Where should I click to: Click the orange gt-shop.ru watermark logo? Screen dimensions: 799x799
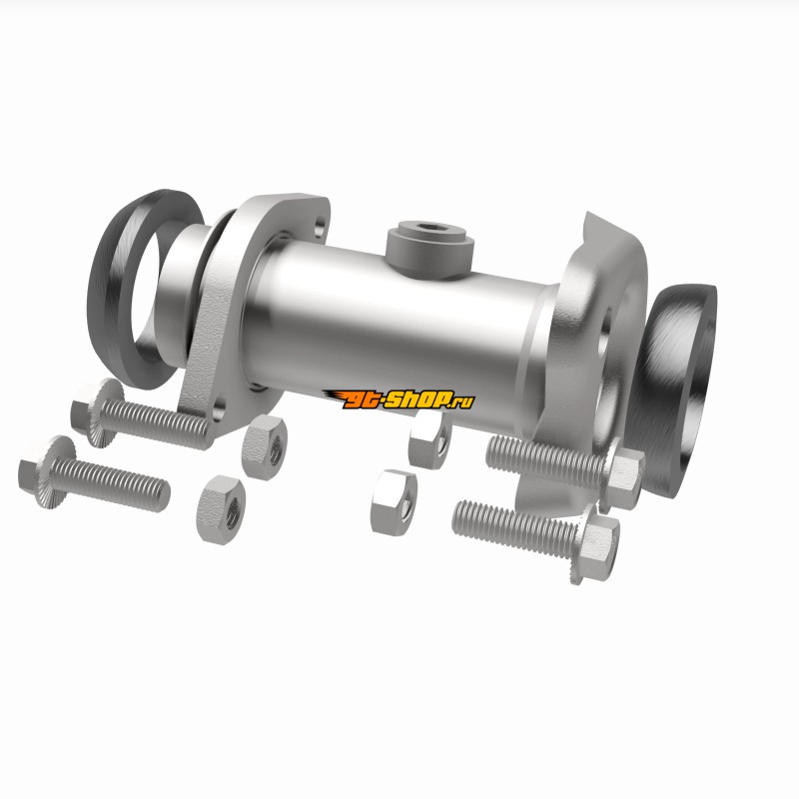(399, 399)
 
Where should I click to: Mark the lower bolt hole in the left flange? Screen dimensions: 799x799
(219, 409)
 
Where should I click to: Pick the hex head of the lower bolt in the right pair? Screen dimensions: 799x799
(597, 543)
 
